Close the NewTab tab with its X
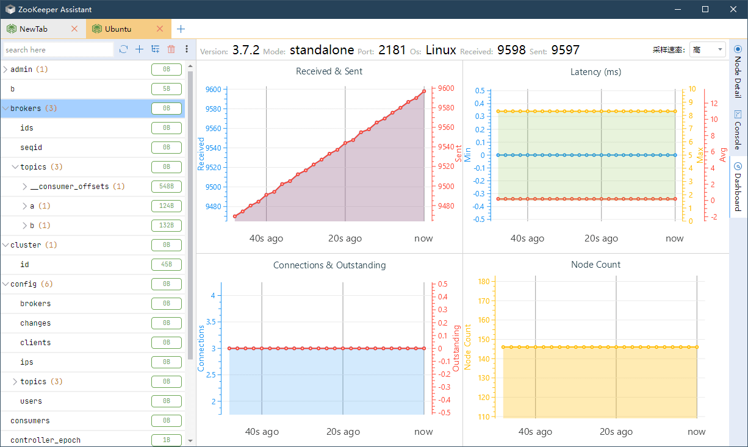[74, 29]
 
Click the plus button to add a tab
[181, 29]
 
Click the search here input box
[58, 49]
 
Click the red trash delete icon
[171, 49]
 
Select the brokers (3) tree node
[34, 109]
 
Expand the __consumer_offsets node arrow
[25, 187]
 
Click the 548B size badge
[167, 187]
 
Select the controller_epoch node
[45, 440]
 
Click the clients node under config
[35, 343]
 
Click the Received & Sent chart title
[329, 71]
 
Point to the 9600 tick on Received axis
[214, 90]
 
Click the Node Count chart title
[595, 265]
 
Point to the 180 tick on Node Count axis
[484, 282]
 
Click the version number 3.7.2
[246, 50]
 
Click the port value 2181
[392, 50]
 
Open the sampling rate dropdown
[707, 50]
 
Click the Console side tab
[738, 130]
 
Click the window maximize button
[705, 9]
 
